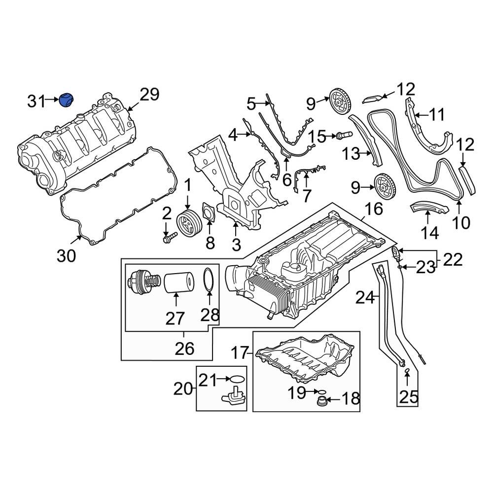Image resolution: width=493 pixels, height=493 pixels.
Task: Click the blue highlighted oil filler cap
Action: tap(66, 100)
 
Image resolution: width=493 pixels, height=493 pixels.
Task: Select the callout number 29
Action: tap(149, 94)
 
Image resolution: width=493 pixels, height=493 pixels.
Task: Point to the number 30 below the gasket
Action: tap(67, 256)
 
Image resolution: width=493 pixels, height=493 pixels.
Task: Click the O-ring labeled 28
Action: tap(209, 279)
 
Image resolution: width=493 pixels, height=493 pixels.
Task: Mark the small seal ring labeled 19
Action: tap(321, 391)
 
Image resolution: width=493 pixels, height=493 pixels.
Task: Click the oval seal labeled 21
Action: tap(237, 379)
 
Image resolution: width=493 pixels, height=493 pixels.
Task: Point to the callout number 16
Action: tap(374, 209)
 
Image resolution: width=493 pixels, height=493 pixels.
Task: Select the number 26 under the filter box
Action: tap(185, 349)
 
